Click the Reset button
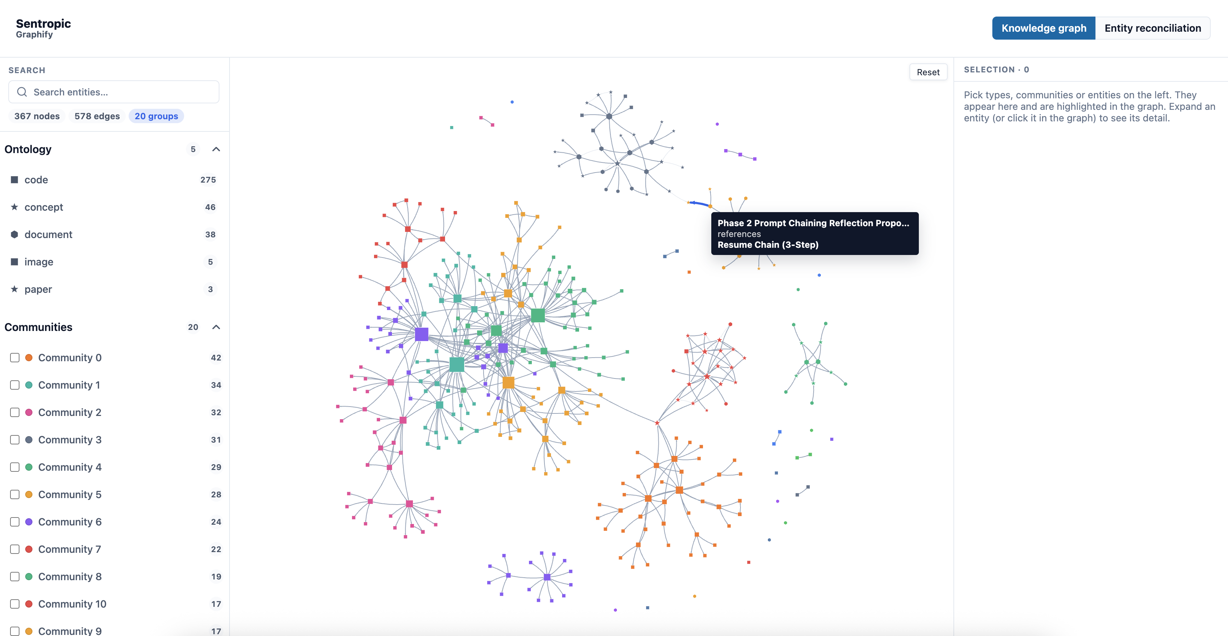(x=928, y=72)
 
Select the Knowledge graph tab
(x=1044, y=28)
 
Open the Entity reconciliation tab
(x=1153, y=28)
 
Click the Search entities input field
(x=114, y=92)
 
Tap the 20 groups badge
(x=156, y=116)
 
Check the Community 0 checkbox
(x=15, y=357)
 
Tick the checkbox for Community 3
(x=15, y=440)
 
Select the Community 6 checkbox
(x=15, y=522)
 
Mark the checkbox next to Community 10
(x=15, y=604)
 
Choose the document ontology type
(x=48, y=234)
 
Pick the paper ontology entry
(x=38, y=289)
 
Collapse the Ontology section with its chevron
(x=216, y=149)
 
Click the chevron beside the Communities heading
(x=216, y=327)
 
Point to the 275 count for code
(x=208, y=180)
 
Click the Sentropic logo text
(x=43, y=23)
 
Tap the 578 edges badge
(x=97, y=116)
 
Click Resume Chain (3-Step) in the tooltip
(x=768, y=245)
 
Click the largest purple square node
(x=422, y=334)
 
